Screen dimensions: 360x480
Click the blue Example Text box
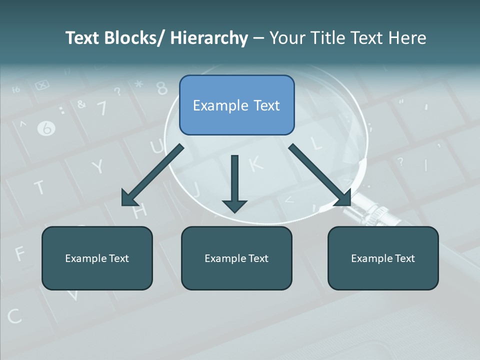click(236, 105)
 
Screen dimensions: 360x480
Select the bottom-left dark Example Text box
click(97, 258)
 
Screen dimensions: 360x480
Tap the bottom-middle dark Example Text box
click(236, 258)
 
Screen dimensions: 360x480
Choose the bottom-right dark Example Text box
click(383, 258)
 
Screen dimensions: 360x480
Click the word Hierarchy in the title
click(209, 38)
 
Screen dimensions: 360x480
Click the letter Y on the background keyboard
click(98, 166)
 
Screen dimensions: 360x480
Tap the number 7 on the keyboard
click(102, 107)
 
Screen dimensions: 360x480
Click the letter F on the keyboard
click(20, 254)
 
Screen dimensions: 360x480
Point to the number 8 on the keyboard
click(161, 88)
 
